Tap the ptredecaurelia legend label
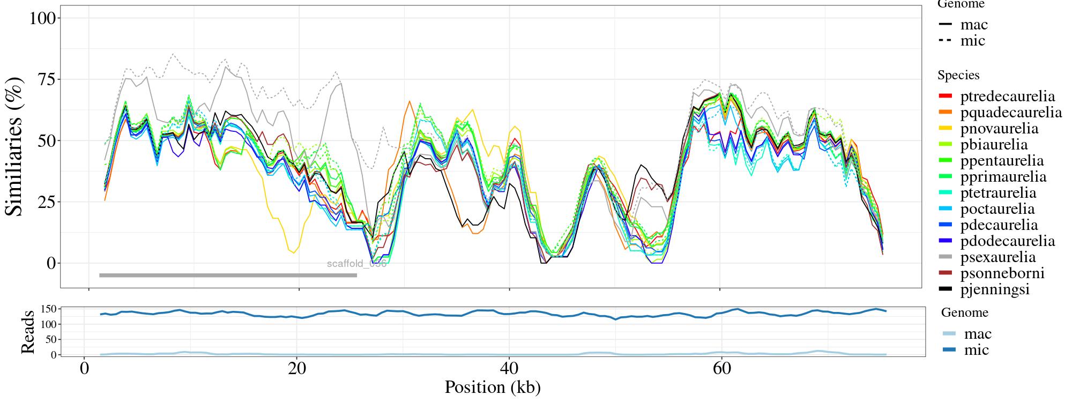pyautogui.click(x=1007, y=96)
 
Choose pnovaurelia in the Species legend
pyautogui.click(x=999, y=129)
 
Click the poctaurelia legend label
pyautogui.click(x=997, y=209)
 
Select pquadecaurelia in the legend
pyautogui.click(x=1010, y=113)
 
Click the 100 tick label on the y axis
pyautogui.click(x=42, y=18)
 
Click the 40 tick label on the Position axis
pyautogui.click(x=509, y=369)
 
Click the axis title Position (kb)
pyautogui.click(x=492, y=387)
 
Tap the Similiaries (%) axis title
pyautogui.click(x=15, y=146)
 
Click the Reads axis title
pyautogui.click(x=28, y=332)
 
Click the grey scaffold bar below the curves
pyautogui.click(x=228, y=276)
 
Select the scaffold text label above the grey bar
pyautogui.click(x=356, y=264)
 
